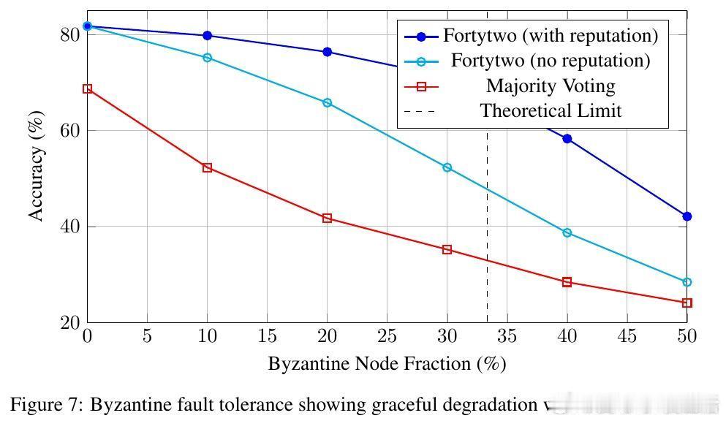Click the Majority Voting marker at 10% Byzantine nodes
point(207,167)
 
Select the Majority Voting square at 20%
point(327,218)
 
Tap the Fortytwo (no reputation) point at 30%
point(447,167)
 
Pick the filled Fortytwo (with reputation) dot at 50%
point(687,216)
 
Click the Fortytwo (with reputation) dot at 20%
point(327,52)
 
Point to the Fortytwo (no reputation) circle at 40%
point(567,232)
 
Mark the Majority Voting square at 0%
point(87,88)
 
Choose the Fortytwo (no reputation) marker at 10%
point(207,58)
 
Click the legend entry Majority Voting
point(551,86)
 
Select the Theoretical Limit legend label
point(551,111)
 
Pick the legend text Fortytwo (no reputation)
point(551,61)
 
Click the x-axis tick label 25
point(387,336)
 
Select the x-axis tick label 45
point(627,336)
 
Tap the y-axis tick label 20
point(69,323)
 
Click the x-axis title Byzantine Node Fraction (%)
point(387,363)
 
